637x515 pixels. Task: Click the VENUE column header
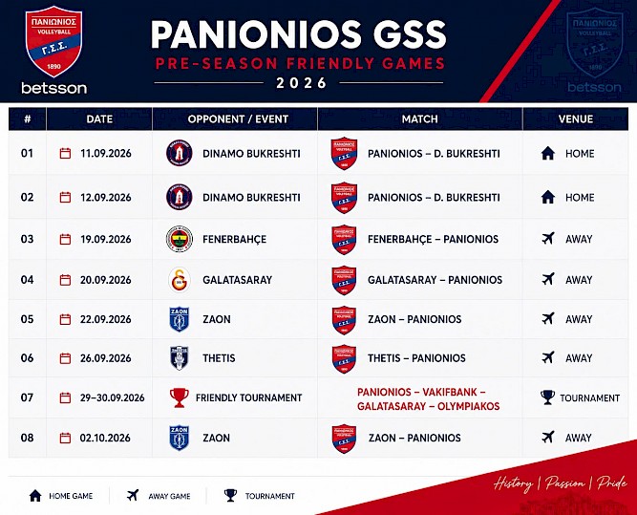(575, 119)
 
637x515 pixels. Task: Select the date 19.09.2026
(106, 239)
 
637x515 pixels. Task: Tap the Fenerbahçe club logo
(180, 239)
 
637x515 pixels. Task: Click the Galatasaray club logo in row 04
(180, 280)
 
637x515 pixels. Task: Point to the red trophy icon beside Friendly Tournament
(180, 397)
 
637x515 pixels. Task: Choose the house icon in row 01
(548, 153)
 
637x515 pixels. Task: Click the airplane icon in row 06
(548, 357)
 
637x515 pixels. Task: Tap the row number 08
(27, 438)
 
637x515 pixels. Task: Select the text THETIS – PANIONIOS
(416, 358)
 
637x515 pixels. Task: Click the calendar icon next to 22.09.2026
(65, 319)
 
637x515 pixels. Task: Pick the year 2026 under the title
(302, 83)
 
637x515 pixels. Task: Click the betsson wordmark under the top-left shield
(54, 88)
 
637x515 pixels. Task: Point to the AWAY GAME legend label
(169, 496)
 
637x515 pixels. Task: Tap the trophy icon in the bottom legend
(230, 496)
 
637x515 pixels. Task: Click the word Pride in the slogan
(612, 483)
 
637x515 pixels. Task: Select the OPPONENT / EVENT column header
(238, 119)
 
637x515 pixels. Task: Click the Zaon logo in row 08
(180, 438)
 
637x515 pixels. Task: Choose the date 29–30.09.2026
(112, 397)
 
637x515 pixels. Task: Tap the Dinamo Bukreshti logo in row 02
(180, 197)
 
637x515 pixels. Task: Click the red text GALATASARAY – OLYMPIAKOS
(428, 406)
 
